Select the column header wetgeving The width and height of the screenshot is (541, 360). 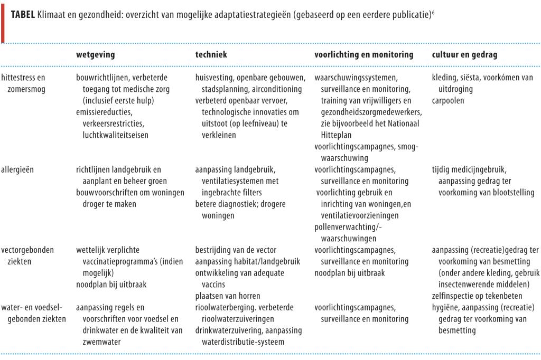(x=95, y=54)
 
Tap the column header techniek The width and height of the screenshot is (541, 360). (x=211, y=54)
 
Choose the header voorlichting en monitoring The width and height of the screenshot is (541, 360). (x=363, y=54)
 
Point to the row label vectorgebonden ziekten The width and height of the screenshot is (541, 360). (x=27, y=255)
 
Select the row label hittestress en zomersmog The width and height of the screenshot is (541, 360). (x=23, y=83)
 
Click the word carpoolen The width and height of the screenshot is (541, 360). (x=448, y=100)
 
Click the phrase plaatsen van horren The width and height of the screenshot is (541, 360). (x=228, y=296)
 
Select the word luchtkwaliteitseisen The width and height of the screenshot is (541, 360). (x=116, y=135)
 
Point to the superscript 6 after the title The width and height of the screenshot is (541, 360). (x=433, y=12)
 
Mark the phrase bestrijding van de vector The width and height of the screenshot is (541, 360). (x=236, y=250)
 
